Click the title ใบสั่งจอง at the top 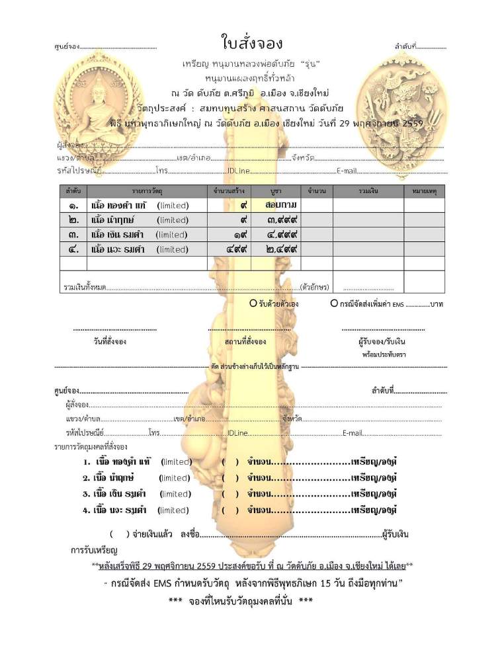251,44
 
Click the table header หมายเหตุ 424,190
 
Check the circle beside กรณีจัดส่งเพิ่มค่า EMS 334,304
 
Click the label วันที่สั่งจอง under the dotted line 110,342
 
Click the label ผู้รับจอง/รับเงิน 382,342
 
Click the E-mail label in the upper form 347,171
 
